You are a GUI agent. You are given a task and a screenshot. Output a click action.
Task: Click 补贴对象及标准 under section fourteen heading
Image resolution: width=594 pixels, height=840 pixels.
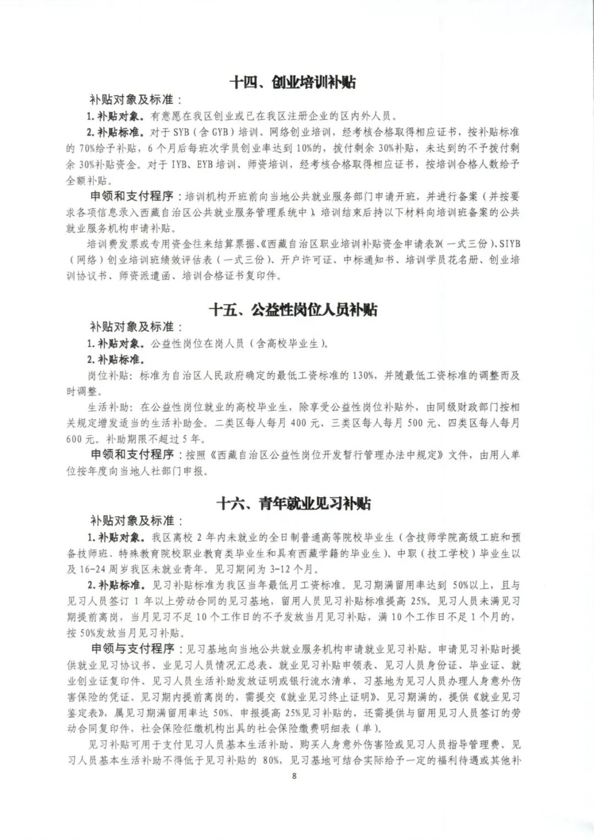tap(134, 100)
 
